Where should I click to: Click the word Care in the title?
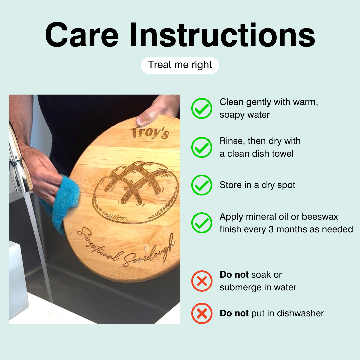[82, 35]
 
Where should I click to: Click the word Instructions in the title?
[222, 35]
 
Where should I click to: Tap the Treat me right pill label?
[180, 65]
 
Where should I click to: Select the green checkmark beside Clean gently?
[202, 108]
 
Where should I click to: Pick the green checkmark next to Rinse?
[202, 147]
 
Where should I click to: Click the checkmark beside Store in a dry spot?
[202, 185]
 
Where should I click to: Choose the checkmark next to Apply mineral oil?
[202, 223]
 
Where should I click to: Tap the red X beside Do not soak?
[202, 281]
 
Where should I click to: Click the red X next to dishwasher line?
[202, 313]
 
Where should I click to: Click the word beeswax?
[320, 217]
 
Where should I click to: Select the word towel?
[283, 154]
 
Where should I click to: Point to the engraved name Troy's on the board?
[150, 133]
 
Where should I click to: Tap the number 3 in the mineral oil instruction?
[271, 229]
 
